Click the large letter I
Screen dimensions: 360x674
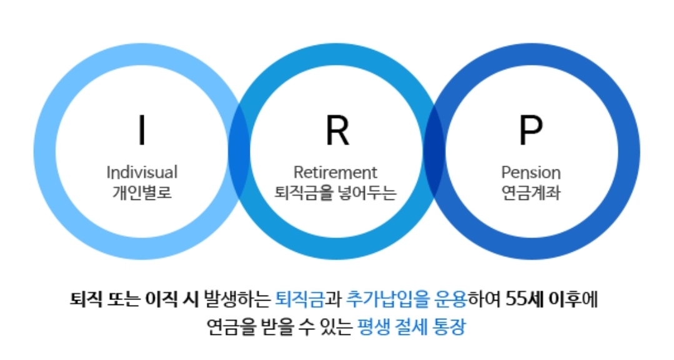pyautogui.click(x=142, y=130)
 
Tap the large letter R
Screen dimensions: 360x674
pyautogui.click(x=337, y=130)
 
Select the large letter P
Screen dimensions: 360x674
pyautogui.click(x=531, y=130)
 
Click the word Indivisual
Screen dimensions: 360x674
pyautogui.click(x=142, y=172)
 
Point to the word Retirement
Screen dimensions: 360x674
pyautogui.click(x=335, y=172)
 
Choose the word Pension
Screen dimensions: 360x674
pyautogui.click(x=531, y=172)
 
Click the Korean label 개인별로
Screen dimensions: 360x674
pyautogui.click(x=142, y=191)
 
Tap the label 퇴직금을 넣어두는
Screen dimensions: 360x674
pyautogui.click(x=335, y=191)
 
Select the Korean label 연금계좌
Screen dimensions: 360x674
pyautogui.click(x=531, y=191)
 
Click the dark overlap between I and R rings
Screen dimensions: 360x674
pyautogui.click(x=239, y=150)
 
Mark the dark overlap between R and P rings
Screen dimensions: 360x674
pyautogui.click(x=434, y=150)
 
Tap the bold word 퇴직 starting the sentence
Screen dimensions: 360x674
pyautogui.click(x=87, y=299)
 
